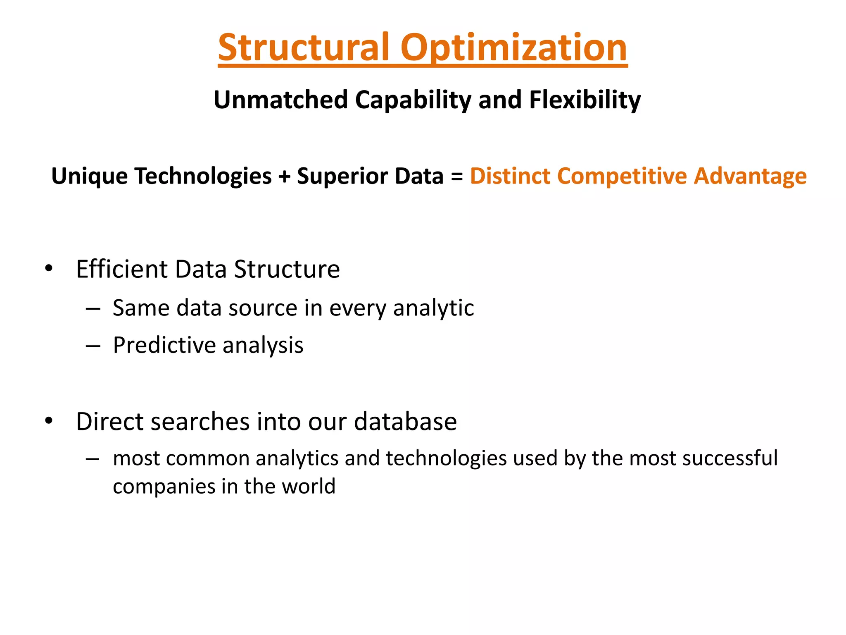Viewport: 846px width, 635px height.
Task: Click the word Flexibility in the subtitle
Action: [585, 100]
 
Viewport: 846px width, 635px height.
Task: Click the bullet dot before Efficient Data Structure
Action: [49, 269]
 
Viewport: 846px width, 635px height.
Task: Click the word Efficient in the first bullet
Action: [122, 269]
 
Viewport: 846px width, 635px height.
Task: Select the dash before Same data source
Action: [93, 309]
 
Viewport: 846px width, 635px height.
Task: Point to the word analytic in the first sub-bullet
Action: [433, 308]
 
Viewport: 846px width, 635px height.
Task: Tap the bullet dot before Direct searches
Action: [49, 421]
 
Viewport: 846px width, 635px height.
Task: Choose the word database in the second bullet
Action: [405, 421]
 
